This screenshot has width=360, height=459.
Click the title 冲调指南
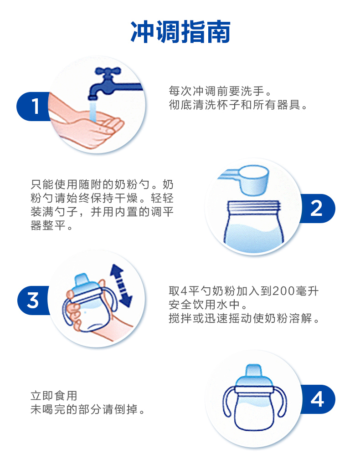180,32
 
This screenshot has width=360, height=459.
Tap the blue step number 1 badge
34,106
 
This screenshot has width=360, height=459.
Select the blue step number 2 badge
318,209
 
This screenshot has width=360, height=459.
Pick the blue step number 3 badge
33,301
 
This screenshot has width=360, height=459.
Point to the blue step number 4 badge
318,399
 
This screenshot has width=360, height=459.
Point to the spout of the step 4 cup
254,371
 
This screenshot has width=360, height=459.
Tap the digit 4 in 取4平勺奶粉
184,291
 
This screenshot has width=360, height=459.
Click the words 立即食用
54,396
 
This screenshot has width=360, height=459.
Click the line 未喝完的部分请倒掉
88,409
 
